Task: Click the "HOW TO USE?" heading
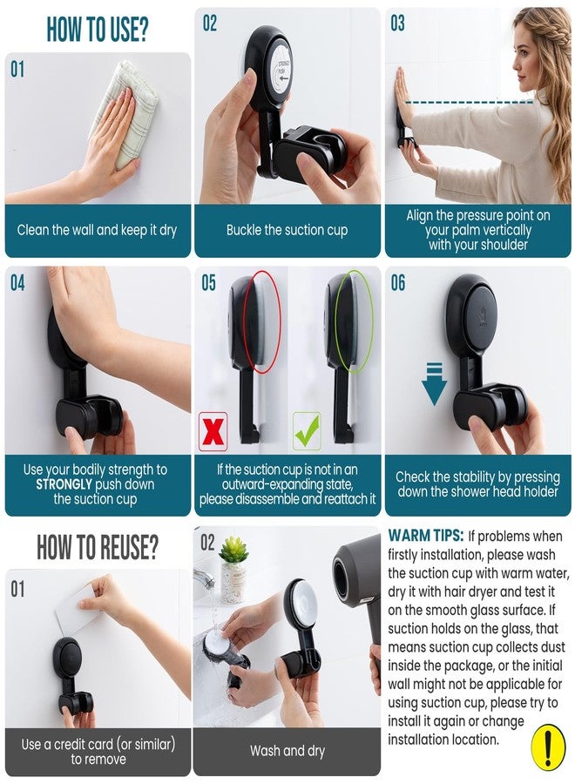(98, 28)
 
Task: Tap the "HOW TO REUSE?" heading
(98, 547)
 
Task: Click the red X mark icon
(213, 431)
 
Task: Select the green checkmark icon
(307, 431)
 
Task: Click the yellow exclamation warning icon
(548, 747)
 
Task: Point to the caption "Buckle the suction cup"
(287, 230)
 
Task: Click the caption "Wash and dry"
(287, 750)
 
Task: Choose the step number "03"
(397, 24)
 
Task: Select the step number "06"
(397, 283)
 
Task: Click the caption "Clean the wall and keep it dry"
(97, 231)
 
